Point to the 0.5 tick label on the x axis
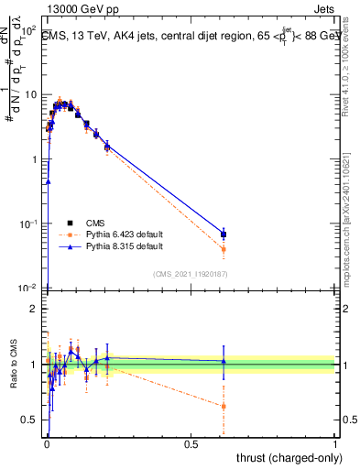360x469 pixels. click(191, 442)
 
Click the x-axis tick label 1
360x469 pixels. click(335, 442)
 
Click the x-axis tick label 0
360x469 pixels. click(47, 442)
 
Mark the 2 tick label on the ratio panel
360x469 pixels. click(34, 309)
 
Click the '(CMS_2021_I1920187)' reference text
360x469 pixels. click(191, 274)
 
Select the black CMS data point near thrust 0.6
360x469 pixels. click(224, 234)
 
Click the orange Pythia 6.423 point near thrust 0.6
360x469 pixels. click(224, 248)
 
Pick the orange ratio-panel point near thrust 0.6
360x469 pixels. click(224, 406)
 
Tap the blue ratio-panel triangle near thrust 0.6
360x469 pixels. click(224, 361)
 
